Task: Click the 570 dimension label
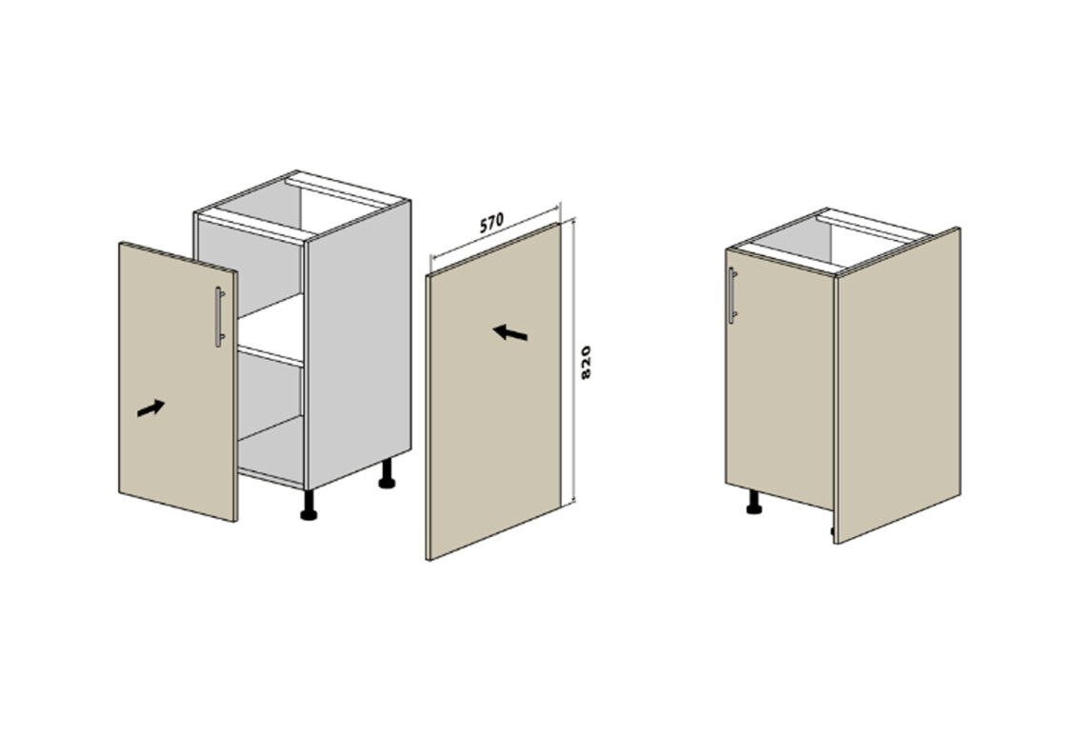[x=491, y=222]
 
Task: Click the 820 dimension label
[x=586, y=362]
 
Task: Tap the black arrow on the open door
[x=151, y=408]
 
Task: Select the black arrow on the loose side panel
[x=509, y=332]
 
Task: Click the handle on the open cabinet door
[x=219, y=317]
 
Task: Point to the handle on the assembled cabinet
[x=732, y=295]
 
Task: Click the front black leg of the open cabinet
[x=309, y=505]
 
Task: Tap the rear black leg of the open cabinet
[x=387, y=474]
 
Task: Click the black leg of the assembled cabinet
[x=754, y=502]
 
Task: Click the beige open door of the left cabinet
[x=178, y=382]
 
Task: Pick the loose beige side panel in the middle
[x=493, y=391]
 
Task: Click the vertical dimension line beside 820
[x=573, y=361]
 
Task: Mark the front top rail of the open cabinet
[x=250, y=226]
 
